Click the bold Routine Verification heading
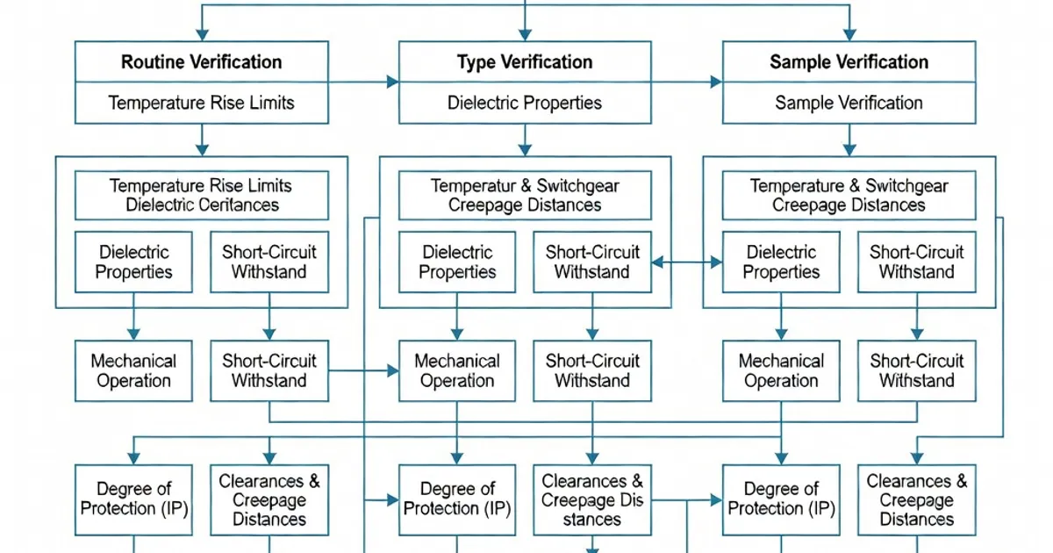(x=201, y=62)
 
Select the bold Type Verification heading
(x=525, y=62)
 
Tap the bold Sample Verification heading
(x=849, y=62)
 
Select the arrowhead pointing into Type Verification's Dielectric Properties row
(x=392, y=83)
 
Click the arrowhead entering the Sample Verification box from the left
(x=716, y=83)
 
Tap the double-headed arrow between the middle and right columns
(x=687, y=262)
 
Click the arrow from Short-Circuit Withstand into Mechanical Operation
(x=391, y=370)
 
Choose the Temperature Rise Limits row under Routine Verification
(x=201, y=103)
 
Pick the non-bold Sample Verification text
(x=849, y=103)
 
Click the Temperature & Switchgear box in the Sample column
(x=849, y=196)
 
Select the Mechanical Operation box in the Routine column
(x=133, y=370)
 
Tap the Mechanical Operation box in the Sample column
(x=781, y=370)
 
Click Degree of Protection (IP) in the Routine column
(x=133, y=499)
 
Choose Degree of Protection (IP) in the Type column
(x=457, y=499)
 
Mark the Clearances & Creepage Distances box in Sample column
(x=916, y=499)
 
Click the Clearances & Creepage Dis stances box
(x=592, y=499)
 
